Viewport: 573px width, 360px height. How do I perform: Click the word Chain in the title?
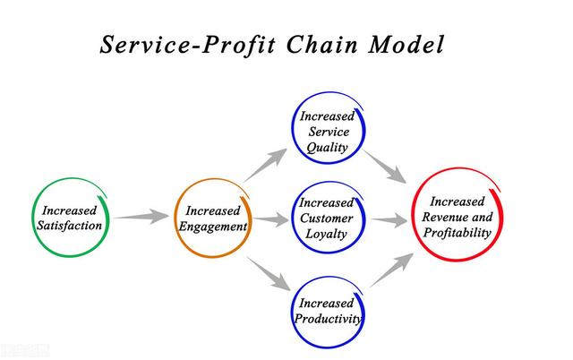point(321,45)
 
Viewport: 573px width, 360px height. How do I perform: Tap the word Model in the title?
point(406,45)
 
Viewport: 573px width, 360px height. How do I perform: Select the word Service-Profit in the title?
point(187,45)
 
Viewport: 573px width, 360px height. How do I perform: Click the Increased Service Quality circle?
point(294,128)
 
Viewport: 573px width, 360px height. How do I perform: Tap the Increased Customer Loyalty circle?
point(294,219)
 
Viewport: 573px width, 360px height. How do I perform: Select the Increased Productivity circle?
point(294,313)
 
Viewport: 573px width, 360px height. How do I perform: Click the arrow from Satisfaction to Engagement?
point(141,217)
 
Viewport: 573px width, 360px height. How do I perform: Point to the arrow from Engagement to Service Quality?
point(266,165)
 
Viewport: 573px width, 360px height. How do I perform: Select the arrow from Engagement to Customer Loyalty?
point(270,219)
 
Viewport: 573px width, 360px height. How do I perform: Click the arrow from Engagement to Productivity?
point(269,274)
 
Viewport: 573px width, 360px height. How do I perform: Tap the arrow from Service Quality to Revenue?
point(384,167)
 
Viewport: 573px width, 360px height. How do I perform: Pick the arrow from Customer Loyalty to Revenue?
point(389,220)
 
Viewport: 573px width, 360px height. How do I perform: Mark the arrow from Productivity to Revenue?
point(392,270)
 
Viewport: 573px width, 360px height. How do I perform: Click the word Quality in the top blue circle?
point(327,148)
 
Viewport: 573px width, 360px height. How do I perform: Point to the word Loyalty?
point(326,234)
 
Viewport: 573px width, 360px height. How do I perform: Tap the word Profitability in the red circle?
point(458,233)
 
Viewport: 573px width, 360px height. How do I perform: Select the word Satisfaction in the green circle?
point(70,226)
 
